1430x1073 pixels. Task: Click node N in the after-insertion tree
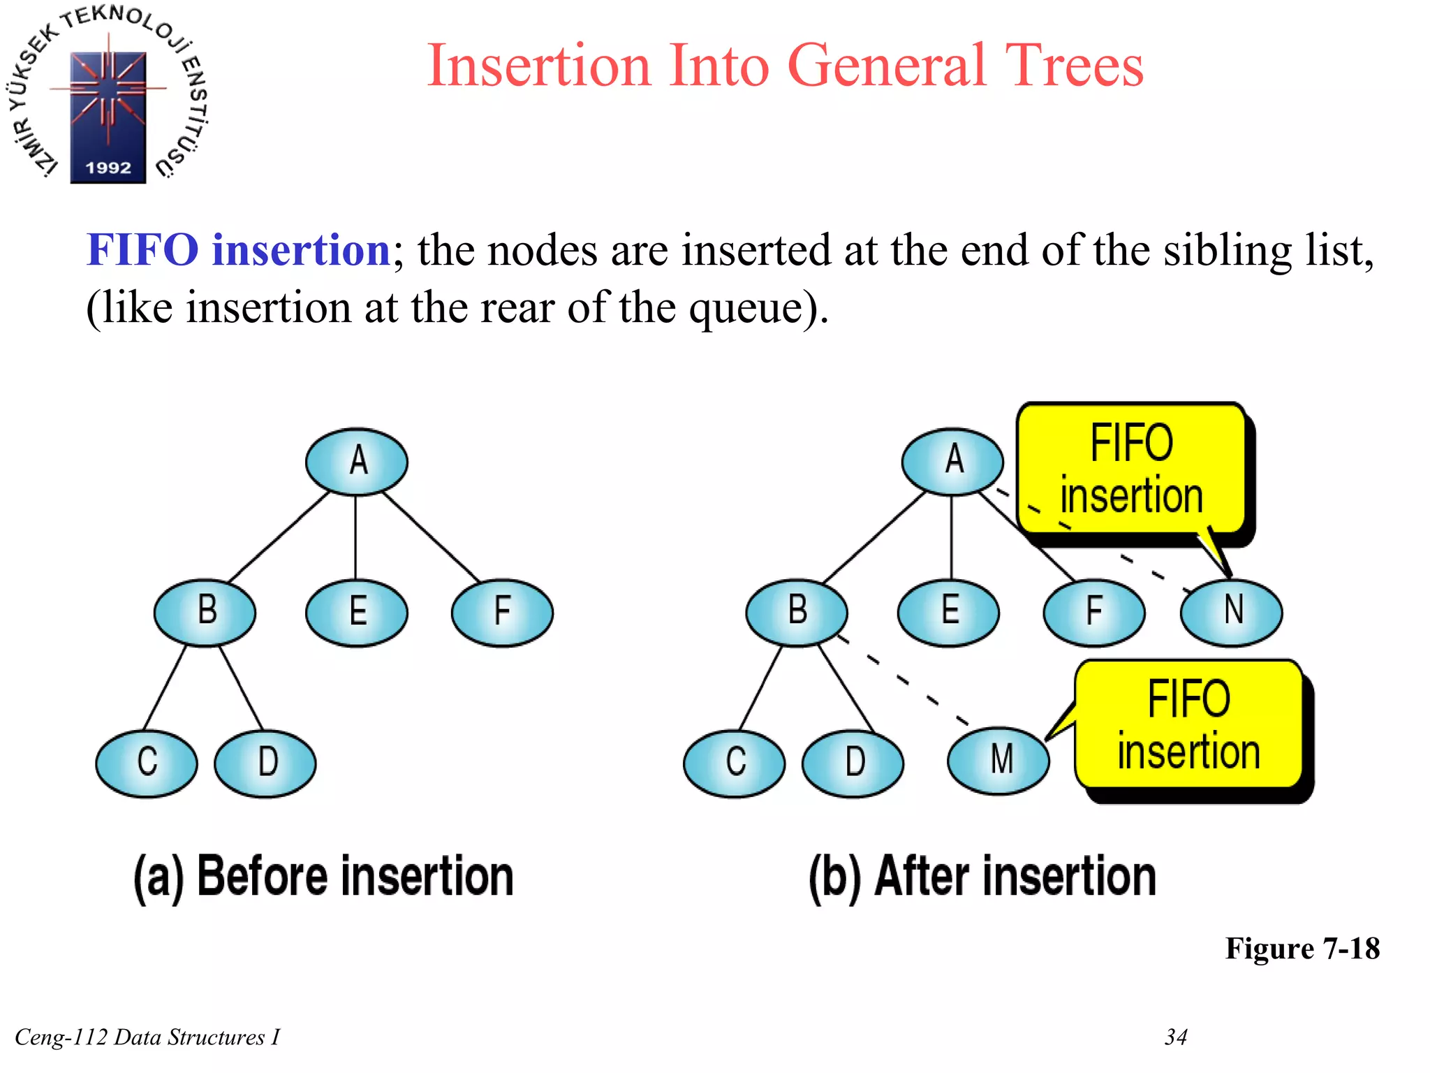1231,613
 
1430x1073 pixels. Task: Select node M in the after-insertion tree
998,761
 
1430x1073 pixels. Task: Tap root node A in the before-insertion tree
357,462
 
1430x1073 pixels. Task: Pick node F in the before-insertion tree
502,613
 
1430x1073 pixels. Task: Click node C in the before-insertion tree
147,764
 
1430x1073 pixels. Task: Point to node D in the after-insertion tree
853,764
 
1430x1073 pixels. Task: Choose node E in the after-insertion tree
948,613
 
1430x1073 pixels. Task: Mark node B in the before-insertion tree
205,613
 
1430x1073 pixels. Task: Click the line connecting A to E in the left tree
356,538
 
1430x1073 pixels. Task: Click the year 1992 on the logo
108,168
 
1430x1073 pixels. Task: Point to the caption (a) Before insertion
323,877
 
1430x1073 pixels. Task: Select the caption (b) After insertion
982,877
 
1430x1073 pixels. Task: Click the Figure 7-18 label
1302,949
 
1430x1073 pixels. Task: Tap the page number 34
1176,1037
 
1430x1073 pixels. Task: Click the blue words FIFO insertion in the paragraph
238,250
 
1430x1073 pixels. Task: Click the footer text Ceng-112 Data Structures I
147,1037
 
